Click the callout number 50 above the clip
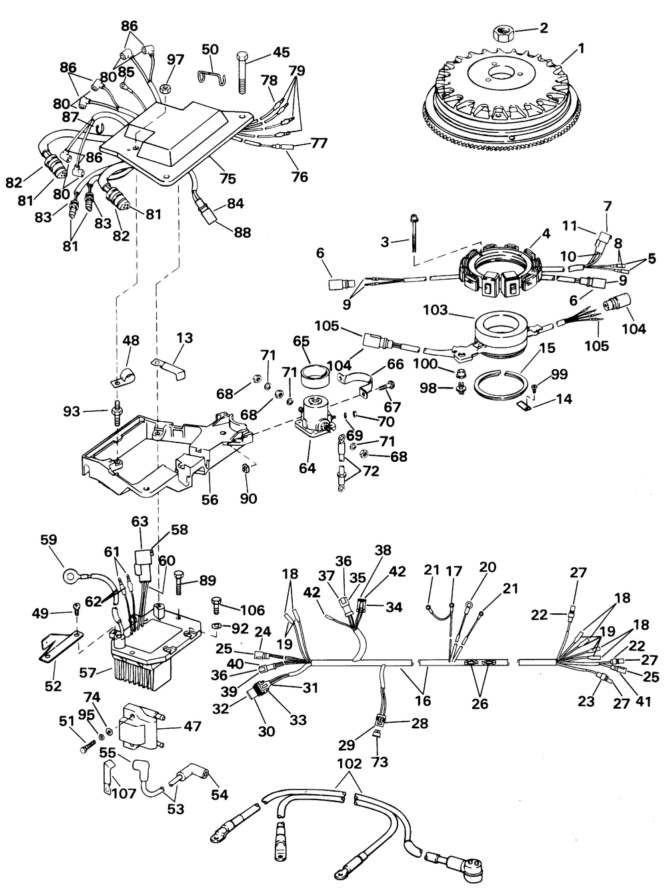(210, 50)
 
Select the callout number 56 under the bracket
(210, 499)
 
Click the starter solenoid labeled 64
(315, 416)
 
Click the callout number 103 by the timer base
(436, 310)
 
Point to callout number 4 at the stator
(546, 234)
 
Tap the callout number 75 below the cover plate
(227, 179)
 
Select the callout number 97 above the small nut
(175, 59)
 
